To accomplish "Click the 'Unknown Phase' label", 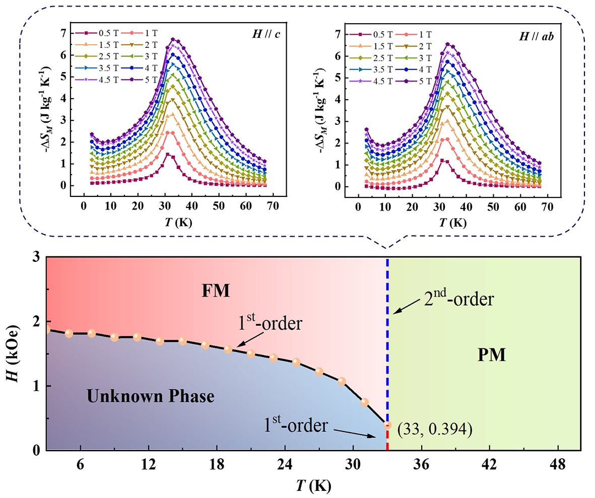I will coord(151,396).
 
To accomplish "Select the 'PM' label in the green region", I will coord(491,356).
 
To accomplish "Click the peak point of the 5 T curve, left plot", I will coord(173,39).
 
